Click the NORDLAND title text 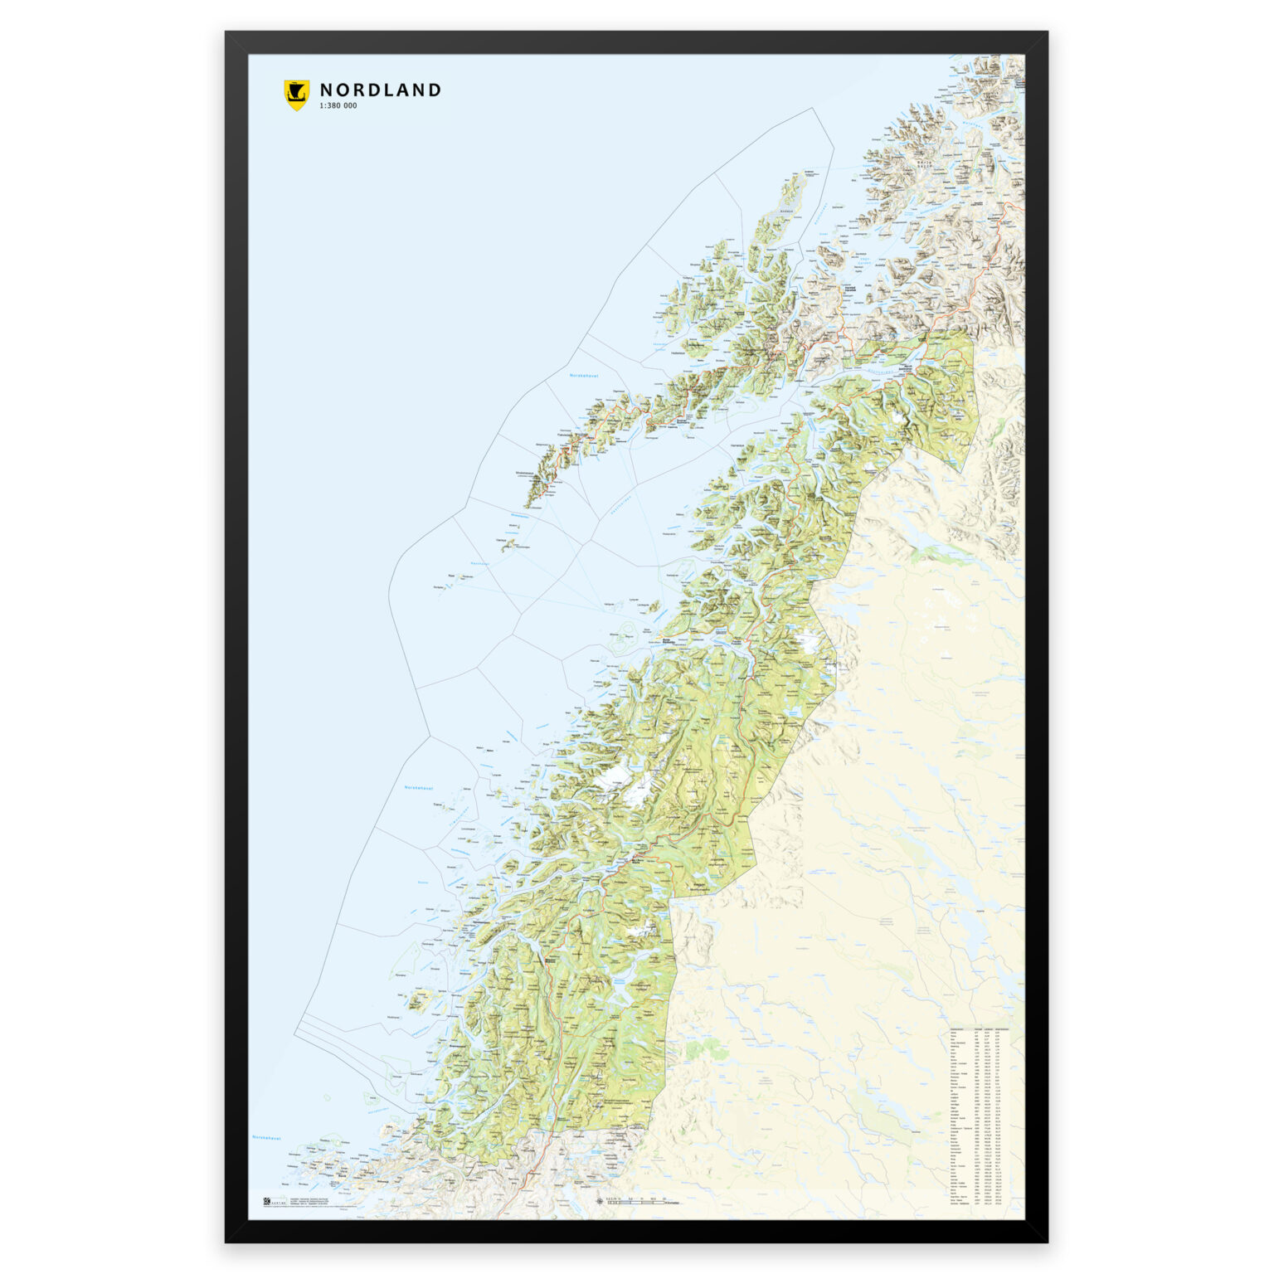(380, 90)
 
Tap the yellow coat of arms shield (296, 95)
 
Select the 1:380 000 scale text (338, 106)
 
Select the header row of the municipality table (985, 1029)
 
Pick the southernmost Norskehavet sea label (266, 1138)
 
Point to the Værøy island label (501, 540)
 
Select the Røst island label (452, 575)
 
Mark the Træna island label (438, 805)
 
